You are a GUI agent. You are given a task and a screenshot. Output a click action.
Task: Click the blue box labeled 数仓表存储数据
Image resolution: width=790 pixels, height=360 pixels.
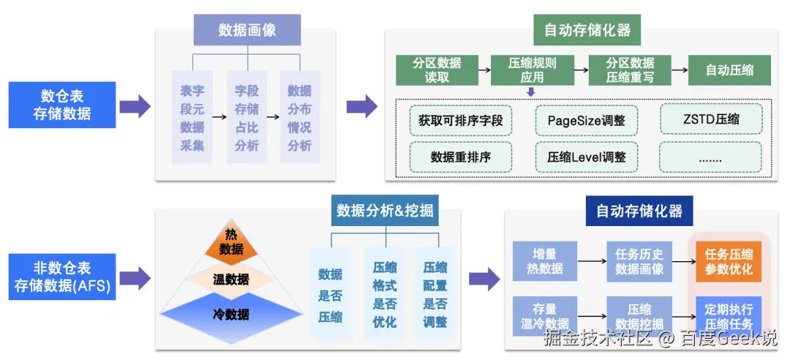(x=62, y=105)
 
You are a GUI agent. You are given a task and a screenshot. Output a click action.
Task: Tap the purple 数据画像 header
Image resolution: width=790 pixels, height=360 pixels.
(x=247, y=30)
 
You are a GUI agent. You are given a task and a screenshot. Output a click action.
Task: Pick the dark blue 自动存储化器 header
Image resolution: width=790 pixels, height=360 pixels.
(x=639, y=211)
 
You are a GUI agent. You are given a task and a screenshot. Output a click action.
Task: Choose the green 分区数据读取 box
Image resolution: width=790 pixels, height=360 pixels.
(x=437, y=70)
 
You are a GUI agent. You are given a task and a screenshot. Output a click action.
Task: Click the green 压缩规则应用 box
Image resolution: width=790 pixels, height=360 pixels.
(x=532, y=70)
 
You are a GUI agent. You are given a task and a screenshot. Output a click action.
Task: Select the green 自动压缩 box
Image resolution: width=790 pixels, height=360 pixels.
(x=729, y=70)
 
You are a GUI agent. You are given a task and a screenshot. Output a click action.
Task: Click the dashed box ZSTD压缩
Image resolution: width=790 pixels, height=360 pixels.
(x=711, y=119)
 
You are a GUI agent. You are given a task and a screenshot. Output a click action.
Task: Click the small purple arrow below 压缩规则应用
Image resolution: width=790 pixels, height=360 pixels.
(x=531, y=91)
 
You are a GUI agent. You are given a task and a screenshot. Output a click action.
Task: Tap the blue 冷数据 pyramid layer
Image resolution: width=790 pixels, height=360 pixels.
(x=230, y=314)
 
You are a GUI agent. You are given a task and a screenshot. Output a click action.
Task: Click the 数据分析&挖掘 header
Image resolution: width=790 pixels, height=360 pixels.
(x=385, y=211)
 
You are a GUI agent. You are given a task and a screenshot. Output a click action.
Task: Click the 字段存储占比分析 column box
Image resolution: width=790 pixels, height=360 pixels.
(x=247, y=117)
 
